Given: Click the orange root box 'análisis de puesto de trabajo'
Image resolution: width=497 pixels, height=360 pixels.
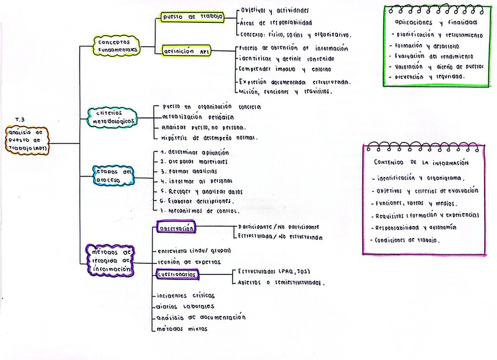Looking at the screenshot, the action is [x=28, y=140].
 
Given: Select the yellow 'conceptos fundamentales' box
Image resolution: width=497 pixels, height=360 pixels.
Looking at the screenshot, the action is [x=117, y=45].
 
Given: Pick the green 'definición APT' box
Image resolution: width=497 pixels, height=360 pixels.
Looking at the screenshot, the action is [x=188, y=52].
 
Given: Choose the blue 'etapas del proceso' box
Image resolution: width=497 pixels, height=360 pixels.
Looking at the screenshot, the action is [x=113, y=176].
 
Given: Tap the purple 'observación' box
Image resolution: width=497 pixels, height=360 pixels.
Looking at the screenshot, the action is [x=176, y=227].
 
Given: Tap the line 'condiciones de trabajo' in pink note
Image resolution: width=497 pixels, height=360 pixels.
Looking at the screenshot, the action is [x=406, y=240].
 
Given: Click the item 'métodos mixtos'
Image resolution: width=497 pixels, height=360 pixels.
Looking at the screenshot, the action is [x=182, y=329].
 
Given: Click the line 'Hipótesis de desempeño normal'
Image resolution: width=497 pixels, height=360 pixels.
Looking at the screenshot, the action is [x=208, y=138].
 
